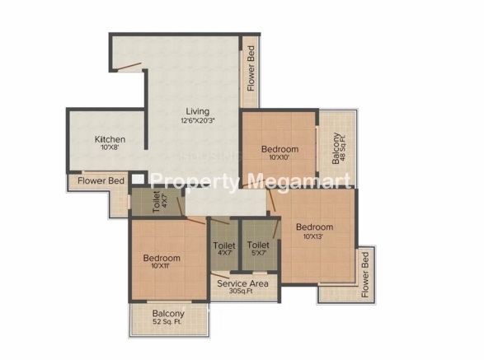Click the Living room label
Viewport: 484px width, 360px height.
click(197, 111)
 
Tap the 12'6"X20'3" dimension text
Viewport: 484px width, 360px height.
click(198, 120)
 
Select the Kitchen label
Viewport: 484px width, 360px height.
click(110, 139)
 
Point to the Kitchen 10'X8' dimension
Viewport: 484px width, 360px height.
click(110, 147)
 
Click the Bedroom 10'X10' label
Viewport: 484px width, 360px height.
click(280, 152)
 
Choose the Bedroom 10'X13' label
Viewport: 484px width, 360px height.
click(314, 231)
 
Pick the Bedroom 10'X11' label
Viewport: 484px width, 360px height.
click(162, 261)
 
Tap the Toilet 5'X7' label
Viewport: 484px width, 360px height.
click(258, 249)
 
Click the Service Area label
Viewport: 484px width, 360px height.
click(242, 283)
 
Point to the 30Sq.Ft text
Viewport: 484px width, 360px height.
click(242, 291)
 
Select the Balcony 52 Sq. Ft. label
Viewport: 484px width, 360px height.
click(168, 317)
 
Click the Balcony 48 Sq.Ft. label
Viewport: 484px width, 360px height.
click(339, 148)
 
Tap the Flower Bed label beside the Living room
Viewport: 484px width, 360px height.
click(251, 68)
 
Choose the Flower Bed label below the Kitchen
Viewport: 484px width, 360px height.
click(101, 180)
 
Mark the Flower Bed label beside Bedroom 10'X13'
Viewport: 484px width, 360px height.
click(364, 274)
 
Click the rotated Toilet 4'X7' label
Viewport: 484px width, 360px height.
click(160, 202)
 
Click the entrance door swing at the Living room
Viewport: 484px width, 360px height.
click(129, 67)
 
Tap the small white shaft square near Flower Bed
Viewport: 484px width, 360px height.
click(138, 180)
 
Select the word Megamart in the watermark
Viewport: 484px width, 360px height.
click(299, 181)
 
